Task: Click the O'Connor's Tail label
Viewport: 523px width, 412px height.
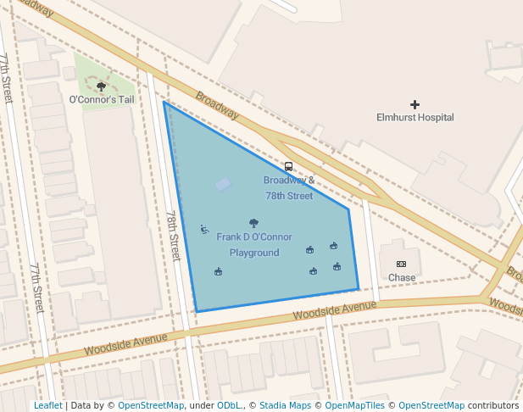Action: [102, 100]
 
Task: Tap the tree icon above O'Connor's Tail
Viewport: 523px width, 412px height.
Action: [102, 86]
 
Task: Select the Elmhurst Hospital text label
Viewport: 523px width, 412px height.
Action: [415, 118]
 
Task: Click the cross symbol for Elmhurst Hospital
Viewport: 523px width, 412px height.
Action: [415, 104]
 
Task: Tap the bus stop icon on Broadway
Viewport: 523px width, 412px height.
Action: [288, 167]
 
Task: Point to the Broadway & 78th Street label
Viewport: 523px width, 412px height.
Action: [289, 187]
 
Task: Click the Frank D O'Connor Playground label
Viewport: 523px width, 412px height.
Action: [254, 244]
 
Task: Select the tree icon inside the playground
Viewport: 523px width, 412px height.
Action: [253, 223]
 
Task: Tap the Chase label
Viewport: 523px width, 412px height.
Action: [402, 277]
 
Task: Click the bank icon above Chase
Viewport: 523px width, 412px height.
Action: [401, 264]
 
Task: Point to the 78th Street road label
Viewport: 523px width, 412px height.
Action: [173, 236]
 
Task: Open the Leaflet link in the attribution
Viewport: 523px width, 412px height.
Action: [47, 406]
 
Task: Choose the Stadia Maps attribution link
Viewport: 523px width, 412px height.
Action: [285, 406]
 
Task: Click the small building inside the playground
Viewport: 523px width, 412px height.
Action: [223, 184]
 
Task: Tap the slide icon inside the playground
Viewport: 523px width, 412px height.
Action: [204, 229]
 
